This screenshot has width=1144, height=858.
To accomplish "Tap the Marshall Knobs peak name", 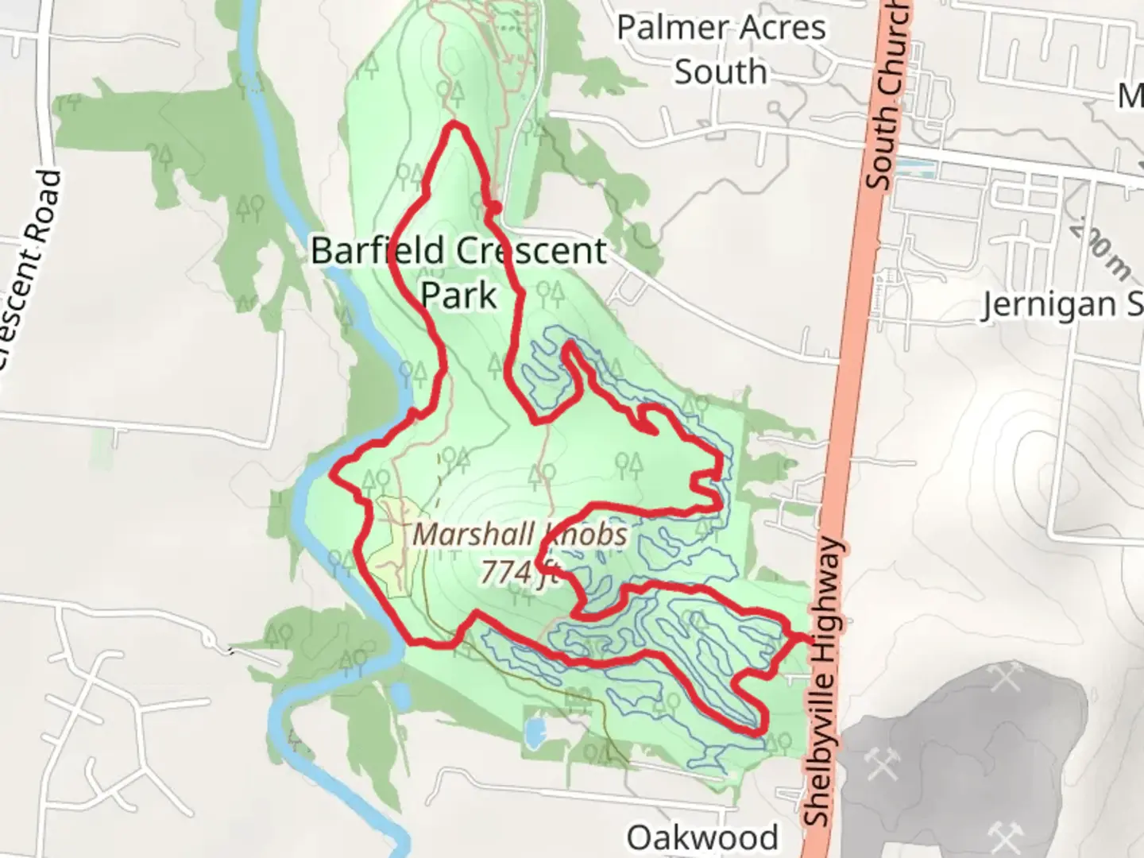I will [520, 535].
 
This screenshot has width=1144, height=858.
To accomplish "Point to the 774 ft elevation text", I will [520, 570].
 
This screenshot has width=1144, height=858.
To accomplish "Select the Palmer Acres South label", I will [721, 49].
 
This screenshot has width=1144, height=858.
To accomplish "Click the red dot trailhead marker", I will [494, 207].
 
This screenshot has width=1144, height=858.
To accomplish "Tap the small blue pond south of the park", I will [535, 733].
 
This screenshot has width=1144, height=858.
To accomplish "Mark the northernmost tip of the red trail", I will [454, 124].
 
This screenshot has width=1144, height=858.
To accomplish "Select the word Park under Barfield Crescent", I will [458, 296].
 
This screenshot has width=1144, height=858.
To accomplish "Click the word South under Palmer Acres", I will [721, 72].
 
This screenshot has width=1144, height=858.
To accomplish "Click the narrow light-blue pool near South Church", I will [914, 168].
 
